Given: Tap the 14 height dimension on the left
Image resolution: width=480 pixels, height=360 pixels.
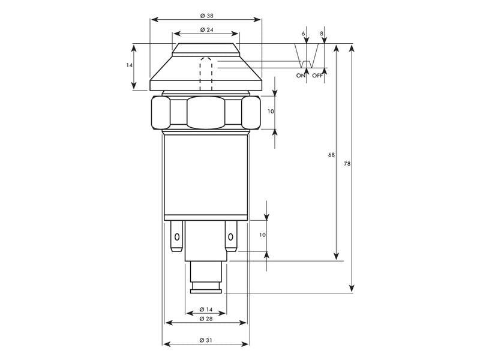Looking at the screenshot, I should [130, 65].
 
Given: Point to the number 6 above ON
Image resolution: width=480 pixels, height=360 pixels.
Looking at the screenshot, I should [304, 34].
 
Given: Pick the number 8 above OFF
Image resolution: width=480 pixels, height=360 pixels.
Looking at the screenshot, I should [322, 34].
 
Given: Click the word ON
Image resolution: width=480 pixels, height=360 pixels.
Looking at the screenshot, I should [301, 76].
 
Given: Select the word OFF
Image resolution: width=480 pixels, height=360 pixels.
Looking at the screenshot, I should [317, 76].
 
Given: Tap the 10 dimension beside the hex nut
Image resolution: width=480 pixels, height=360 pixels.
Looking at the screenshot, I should [271, 112].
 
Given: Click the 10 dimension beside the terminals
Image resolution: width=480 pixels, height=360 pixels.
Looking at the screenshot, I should [262, 235].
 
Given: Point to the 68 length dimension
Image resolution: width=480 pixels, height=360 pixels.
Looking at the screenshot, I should [331, 155].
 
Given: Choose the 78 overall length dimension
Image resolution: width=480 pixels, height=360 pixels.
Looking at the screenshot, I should [347, 164].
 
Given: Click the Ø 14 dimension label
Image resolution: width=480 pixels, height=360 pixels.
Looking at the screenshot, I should [205, 310].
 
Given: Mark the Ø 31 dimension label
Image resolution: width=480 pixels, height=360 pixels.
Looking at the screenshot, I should [205, 340].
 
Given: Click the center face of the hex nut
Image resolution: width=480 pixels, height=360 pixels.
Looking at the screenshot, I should [206, 112].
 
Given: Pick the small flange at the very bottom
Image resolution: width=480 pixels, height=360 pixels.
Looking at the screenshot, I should [206, 291].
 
